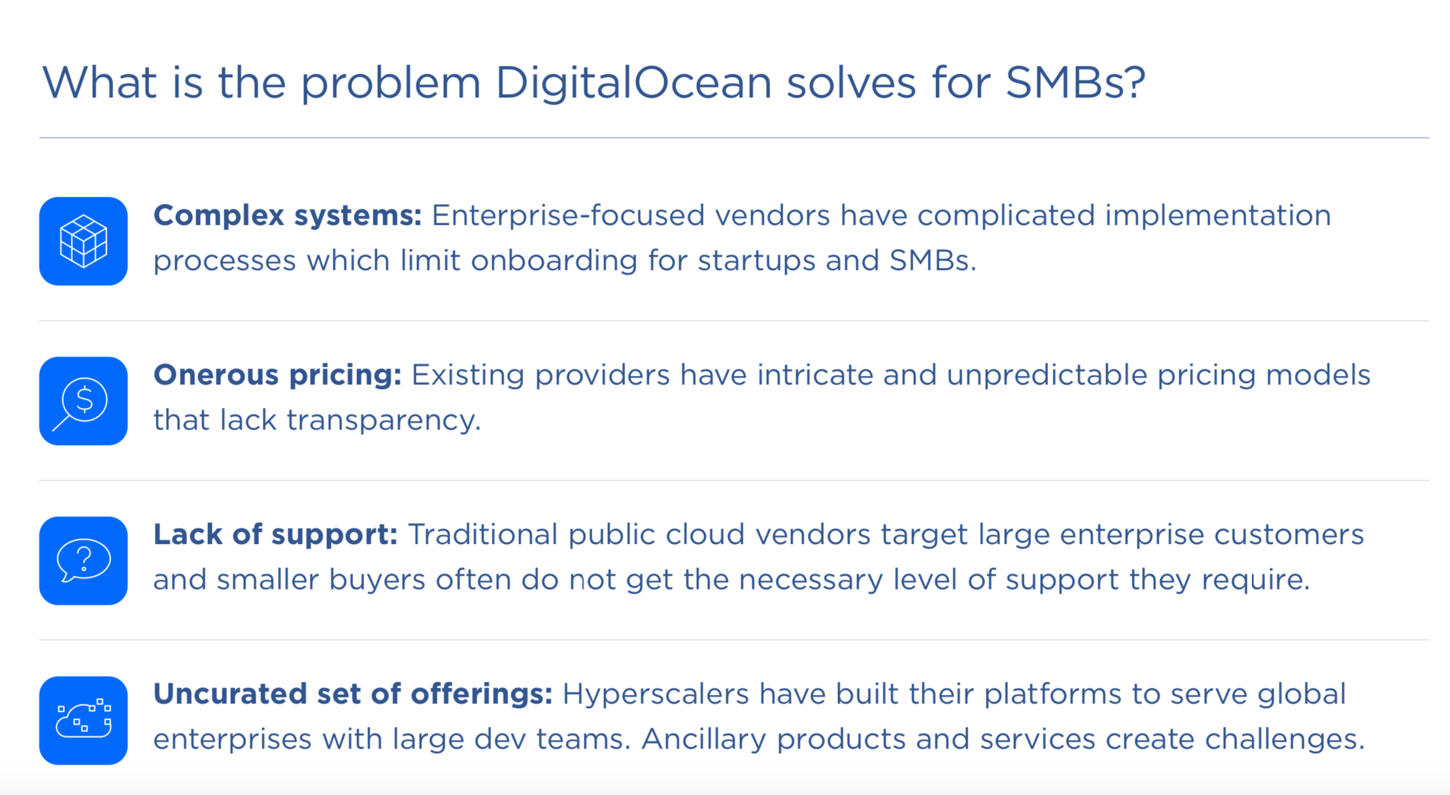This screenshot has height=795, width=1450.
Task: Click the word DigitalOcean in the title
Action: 633,83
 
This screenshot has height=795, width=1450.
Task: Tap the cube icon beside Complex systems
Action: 83,241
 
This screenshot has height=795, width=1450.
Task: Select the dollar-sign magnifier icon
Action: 83,401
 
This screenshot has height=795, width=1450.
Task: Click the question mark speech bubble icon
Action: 83,560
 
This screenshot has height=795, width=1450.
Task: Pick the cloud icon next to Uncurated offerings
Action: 83,720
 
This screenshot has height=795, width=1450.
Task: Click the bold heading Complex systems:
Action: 288,215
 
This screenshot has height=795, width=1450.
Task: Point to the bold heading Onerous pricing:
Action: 277,375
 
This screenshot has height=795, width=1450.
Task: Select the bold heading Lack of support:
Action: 275,534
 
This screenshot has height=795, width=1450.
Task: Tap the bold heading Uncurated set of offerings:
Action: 353,694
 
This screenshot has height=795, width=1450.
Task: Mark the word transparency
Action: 383,420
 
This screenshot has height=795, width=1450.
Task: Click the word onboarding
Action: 554,261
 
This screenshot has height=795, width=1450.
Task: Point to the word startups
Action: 756,261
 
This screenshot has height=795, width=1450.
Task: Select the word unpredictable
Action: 1047,375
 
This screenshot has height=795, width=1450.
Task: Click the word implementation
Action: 1218,216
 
